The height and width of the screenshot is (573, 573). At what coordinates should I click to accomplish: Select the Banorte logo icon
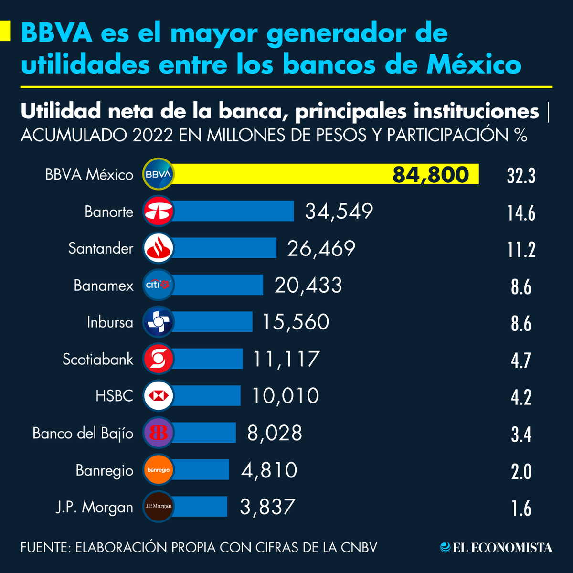tap(159, 211)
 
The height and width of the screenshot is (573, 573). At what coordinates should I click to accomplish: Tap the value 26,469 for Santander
tap(321, 248)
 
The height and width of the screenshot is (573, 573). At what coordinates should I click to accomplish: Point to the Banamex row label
tap(104, 286)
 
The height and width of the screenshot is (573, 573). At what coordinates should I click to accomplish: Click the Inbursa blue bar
tap(212, 322)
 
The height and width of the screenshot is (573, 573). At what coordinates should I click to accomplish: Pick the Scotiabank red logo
tap(159, 359)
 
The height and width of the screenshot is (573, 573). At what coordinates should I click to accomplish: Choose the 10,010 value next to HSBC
tap(286, 396)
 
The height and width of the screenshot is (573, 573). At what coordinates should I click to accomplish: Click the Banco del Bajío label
tap(83, 433)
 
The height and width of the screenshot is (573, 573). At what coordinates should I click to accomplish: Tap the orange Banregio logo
tap(159, 470)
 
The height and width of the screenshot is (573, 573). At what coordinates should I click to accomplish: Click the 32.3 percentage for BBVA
tap(521, 176)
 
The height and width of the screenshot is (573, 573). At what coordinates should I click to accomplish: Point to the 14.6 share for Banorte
tap(521, 212)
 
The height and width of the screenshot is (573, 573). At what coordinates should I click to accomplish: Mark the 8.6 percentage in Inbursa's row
tap(521, 323)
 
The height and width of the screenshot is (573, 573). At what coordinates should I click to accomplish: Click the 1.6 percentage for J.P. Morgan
tap(521, 509)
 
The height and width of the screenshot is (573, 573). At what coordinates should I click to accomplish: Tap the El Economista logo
tap(496, 548)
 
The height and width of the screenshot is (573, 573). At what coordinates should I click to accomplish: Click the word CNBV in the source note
tap(359, 547)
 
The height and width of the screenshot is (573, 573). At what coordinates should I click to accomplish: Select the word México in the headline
tap(473, 64)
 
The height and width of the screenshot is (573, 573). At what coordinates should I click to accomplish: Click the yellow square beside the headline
tap(5, 31)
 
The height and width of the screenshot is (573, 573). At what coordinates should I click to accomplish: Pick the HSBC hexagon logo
tap(159, 396)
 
